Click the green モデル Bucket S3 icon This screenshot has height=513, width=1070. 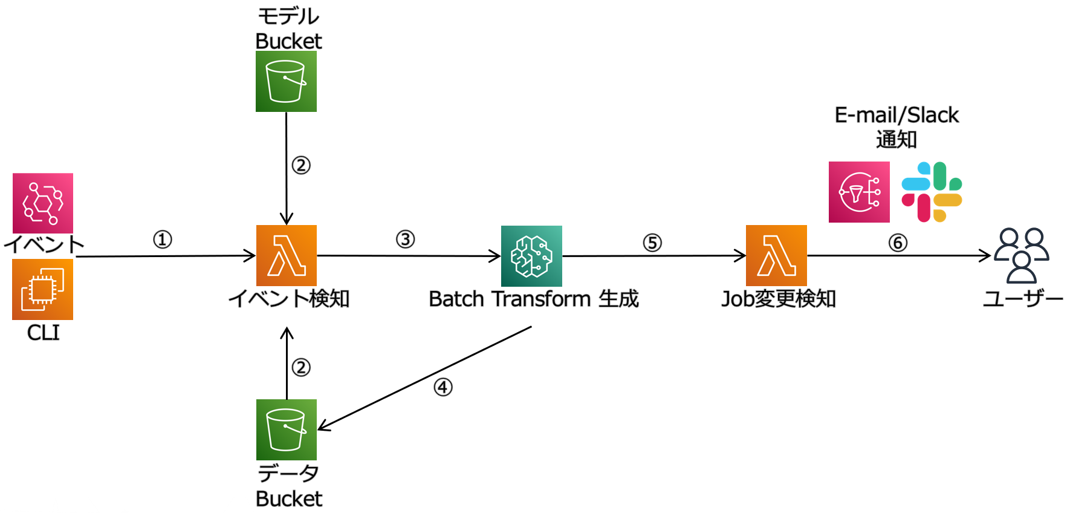286,81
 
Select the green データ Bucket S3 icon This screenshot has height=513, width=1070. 286,430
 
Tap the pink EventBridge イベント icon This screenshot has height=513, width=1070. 43,203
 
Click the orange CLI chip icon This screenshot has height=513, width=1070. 43,289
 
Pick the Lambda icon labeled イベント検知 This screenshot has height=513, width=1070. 286,255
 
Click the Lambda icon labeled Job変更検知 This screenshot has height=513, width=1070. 776,255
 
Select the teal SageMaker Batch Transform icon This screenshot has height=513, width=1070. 531,256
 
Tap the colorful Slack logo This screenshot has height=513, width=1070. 932,192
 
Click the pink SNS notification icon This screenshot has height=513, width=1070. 859,192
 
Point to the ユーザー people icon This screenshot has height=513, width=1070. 1022,255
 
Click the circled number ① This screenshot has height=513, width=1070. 162,240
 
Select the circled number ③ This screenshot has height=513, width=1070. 405,239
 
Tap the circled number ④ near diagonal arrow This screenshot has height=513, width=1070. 443,387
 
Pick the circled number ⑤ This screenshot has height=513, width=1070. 652,243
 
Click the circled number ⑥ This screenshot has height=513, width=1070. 898,243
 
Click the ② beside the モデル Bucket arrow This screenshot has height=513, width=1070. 301,165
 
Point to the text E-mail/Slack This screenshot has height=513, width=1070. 897,115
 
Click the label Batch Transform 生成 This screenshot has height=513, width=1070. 533,299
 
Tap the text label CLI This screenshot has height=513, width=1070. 43,333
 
